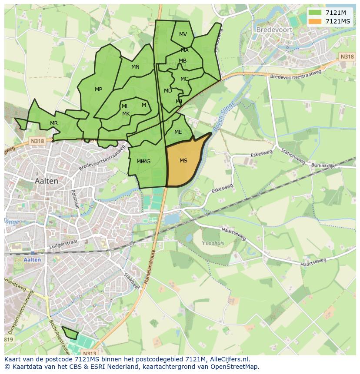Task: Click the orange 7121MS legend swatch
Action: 315,21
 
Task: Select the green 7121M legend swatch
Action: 315,12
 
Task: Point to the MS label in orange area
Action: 183,161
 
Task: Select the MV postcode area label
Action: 183,34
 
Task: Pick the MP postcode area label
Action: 99,89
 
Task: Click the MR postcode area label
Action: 54,123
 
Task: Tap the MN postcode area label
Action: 135,67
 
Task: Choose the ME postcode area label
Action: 178,132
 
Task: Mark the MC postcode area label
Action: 184,79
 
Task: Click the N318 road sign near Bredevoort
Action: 347,56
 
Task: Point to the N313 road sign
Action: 89,353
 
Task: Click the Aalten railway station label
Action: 33,260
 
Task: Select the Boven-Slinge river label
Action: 224,116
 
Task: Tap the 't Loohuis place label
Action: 213,243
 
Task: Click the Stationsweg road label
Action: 292,157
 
